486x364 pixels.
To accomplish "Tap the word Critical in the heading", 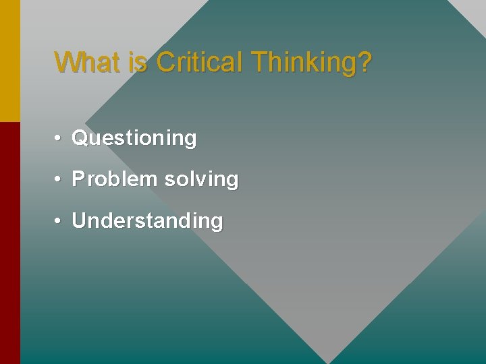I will (x=199, y=62).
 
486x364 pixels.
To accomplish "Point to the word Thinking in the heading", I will (x=302, y=63).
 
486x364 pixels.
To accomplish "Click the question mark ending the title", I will (x=364, y=62).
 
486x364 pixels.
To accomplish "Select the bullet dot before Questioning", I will (x=59, y=139).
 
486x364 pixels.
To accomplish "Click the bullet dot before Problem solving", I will (x=59, y=180).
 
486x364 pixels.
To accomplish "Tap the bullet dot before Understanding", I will (x=59, y=221).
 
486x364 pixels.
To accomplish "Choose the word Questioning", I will (x=134, y=139).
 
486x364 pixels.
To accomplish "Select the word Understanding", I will (x=147, y=221).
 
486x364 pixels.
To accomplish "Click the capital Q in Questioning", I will (x=80, y=138).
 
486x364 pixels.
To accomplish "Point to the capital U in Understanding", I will (x=79, y=220).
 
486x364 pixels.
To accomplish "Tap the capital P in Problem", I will (x=78, y=179).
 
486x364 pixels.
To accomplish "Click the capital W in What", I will (x=66, y=62).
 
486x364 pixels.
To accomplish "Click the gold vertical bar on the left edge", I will (x=10, y=61).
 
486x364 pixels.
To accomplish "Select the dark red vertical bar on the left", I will (x=10, y=243).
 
